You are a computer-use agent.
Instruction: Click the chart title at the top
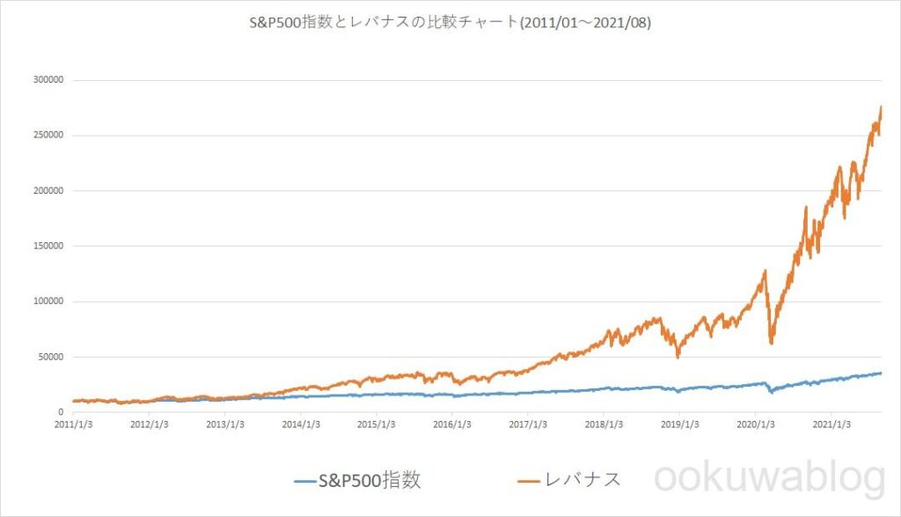point(450,23)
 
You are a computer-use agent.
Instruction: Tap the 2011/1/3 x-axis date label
point(75,424)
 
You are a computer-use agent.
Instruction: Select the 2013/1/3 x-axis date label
point(225,424)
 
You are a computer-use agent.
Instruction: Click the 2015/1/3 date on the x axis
point(377,424)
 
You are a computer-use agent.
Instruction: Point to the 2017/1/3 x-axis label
point(528,424)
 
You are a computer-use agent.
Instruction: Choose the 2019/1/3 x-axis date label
point(679,424)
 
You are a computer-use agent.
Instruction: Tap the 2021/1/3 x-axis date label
point(831,424)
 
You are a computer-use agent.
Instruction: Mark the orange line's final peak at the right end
point(881,107)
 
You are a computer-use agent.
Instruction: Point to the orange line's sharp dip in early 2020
point(772,342)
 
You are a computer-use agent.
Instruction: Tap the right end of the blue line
point(881,373)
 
